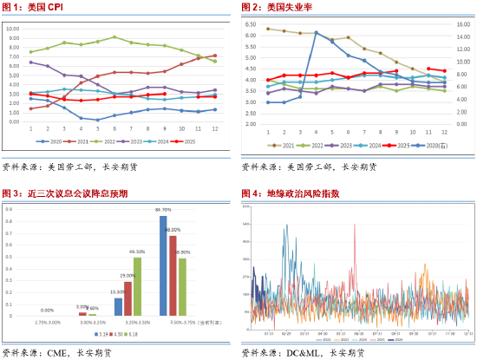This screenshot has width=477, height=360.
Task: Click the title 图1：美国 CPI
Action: pos(33,8)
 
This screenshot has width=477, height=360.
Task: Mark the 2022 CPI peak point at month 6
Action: pos(114,37)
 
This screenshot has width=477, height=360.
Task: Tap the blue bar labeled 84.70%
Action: pos(163,265)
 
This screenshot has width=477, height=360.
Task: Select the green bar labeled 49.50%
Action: pos(137,285)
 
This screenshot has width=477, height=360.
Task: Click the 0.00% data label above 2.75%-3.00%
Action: pos(48,310)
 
